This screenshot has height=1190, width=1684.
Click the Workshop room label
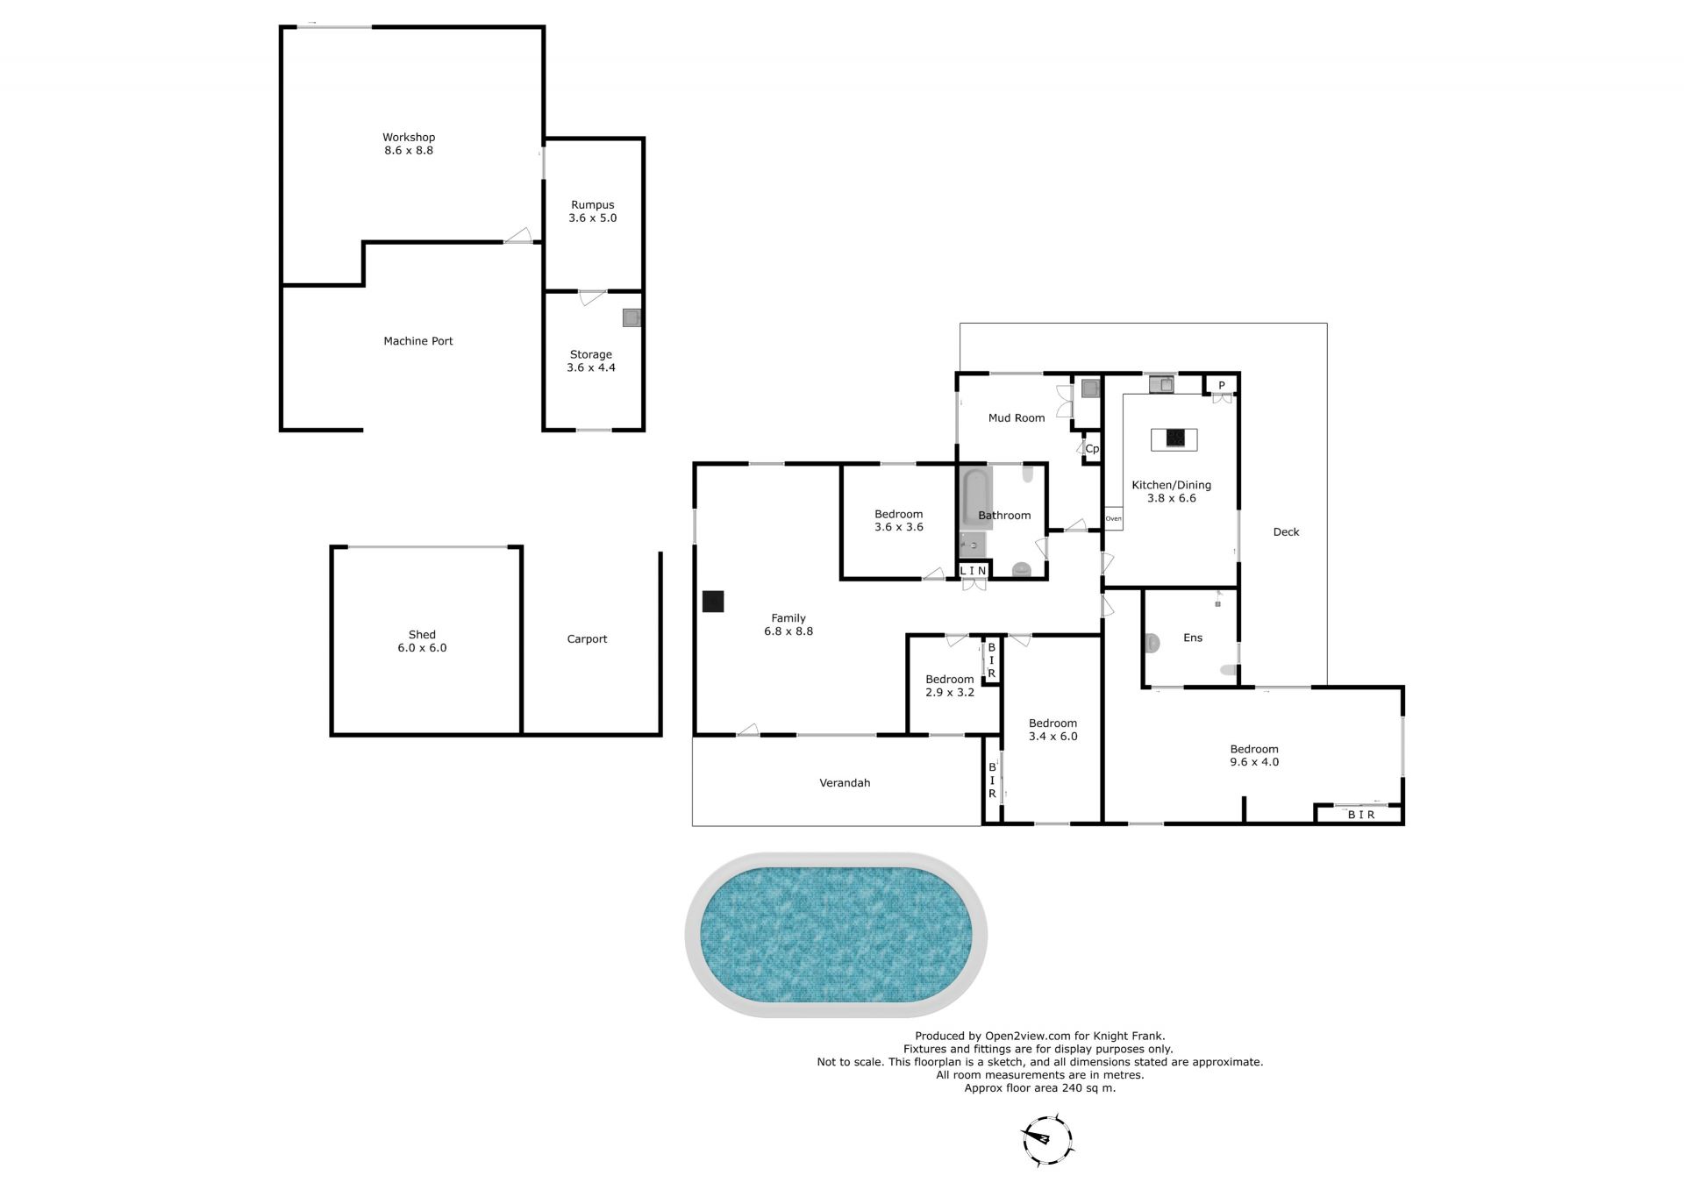click(409, 137)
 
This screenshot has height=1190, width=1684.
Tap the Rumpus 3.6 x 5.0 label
click(593, 211)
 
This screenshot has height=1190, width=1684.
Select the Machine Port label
click(418, 341)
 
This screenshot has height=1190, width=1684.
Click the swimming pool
click(836, 935)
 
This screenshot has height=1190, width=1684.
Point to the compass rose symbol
click(1047, 1139)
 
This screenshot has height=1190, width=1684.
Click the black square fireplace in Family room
click(713, 602)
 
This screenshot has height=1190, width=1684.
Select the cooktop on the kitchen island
click(1174, 438)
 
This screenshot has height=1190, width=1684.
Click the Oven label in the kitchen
click(1113, 518)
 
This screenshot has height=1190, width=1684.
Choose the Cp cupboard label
click(1092, 449)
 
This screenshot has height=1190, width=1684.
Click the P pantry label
click(1221, 385)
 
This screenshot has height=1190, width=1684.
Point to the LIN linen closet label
click(974, 571)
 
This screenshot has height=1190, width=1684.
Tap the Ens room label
click(1193, 638)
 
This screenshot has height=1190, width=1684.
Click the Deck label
click(1286, 531)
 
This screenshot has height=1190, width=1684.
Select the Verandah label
click(845, 783)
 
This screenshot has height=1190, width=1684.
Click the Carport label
click(587, 639)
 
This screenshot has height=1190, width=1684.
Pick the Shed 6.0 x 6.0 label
click(422, 641)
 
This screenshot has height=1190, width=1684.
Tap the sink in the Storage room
click(631, 318)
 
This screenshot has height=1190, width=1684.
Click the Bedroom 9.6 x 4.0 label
click(1254, 756)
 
